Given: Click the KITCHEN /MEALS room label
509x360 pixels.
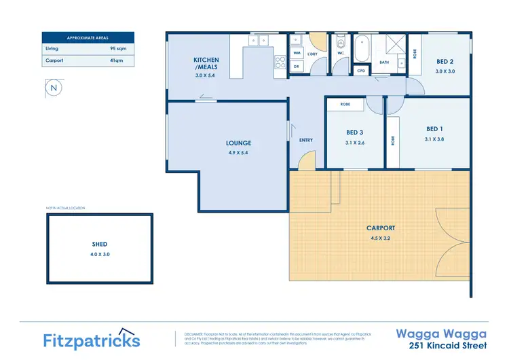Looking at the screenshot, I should [x=206, y=63].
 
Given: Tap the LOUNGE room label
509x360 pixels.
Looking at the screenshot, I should [x=238, y=143].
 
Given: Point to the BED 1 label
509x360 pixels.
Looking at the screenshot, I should [x=434, y=129].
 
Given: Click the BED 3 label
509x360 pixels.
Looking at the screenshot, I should [x=355, y=132].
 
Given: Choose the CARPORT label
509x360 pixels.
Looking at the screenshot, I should [x=380, y=228].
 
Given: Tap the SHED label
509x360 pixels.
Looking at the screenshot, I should [x=100, y=244].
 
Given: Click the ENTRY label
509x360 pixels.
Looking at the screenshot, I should [x=306, y=141].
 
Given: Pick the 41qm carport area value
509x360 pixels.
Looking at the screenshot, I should [x=117, y=61].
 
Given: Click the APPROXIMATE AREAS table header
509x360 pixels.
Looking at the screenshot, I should [x=88, y=38].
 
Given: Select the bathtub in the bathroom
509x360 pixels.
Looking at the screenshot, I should [x=362, y=48].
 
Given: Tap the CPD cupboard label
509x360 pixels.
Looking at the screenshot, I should [x=361, y=71].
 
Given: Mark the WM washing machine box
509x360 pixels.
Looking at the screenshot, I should [x=297, y=52].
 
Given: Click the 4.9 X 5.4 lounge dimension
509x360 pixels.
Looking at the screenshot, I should [x=238, y=153].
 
